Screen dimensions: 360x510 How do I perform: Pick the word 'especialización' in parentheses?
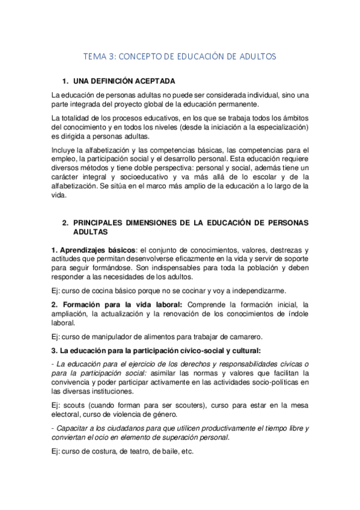click(280, 127)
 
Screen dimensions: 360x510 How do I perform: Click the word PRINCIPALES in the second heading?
click(101, 223)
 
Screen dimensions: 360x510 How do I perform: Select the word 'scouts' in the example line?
click(74, 405)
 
